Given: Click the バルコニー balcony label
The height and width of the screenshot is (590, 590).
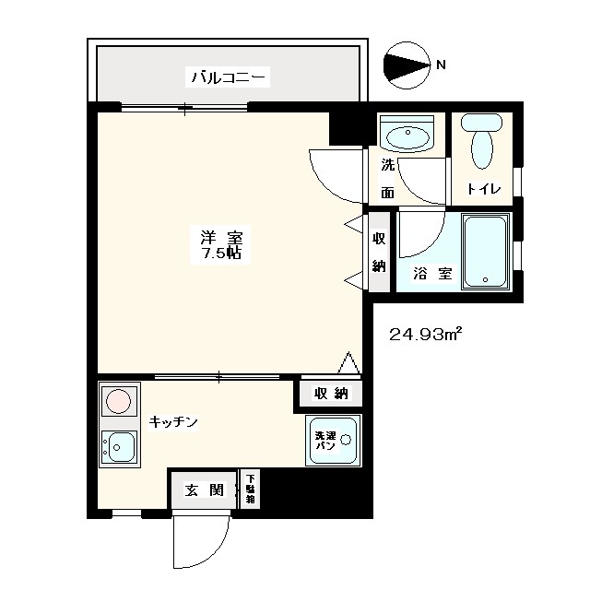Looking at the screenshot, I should coord(229,77).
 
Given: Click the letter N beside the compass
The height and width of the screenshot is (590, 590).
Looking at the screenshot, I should coord(441,65).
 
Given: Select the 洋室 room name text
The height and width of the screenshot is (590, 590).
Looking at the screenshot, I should coord(222,235).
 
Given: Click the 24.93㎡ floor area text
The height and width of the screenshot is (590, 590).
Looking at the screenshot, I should coord(424,333).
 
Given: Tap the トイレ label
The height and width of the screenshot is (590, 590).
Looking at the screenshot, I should coord(484,189).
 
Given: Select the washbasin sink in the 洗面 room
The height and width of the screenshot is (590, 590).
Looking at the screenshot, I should coord(407,137).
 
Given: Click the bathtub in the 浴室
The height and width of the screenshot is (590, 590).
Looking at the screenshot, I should coord(485,252).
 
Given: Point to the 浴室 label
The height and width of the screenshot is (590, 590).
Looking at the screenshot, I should coord(431,273).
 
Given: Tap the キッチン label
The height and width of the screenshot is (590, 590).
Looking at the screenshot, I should coord(173,421).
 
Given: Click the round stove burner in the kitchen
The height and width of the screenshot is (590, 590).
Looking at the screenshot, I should coord(117,401).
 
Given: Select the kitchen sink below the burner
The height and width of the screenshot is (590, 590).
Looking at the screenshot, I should coord(118,448).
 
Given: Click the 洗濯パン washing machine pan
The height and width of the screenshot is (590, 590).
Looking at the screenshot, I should coord(333,440).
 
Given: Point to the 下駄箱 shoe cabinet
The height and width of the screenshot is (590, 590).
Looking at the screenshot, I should coord(250,489).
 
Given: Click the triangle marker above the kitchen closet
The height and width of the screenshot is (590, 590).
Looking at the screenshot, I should coord(348,363).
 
